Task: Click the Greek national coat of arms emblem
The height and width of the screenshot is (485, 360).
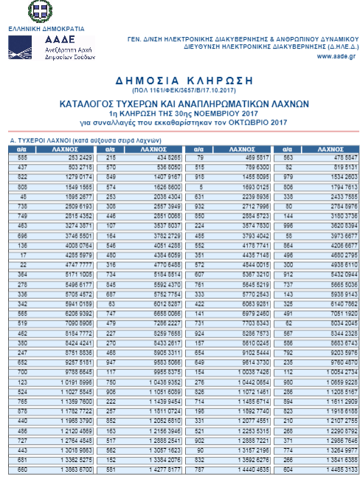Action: (x=38, y=11)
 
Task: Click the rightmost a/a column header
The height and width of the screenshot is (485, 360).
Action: (x=288, y=148)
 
